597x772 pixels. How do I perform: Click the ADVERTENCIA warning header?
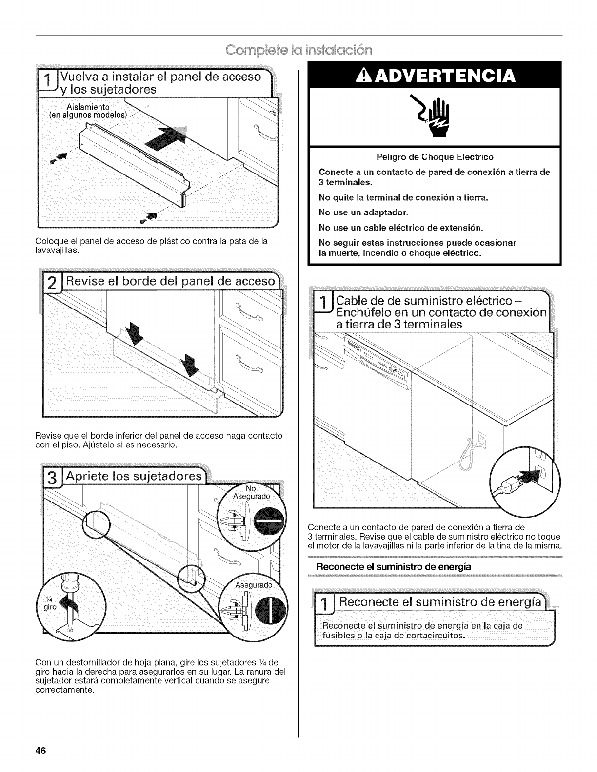[436, 77]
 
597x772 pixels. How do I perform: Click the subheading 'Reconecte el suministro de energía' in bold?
[388, 567]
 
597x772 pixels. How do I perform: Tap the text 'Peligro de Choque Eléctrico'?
[435, 157]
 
